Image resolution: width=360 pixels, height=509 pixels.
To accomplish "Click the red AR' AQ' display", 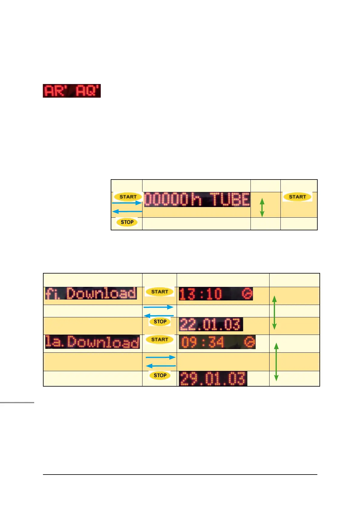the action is coord(72,91).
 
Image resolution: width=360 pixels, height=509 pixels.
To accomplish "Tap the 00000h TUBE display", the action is coord(197,199).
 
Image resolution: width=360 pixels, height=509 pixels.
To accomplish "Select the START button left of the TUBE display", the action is coord(128,197).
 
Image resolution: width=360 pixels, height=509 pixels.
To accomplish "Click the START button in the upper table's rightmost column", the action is coord(297,197).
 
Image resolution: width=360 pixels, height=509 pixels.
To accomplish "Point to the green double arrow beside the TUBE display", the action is coord(262,207).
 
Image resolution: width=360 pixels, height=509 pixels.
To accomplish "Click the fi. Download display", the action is coord(91,293).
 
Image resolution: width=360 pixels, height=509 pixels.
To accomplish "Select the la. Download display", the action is coord(92,342).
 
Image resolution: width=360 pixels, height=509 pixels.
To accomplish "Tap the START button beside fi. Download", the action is coord(159,292).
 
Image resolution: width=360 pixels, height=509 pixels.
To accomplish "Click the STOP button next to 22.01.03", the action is coord(160,322).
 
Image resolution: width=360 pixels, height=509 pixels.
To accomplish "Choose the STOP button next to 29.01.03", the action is coord(160,375).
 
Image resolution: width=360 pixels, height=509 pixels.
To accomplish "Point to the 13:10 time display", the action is coord(201,294).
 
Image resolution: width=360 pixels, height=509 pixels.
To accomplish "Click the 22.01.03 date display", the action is coord(211,324).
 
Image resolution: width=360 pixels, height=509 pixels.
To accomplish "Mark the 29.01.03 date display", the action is coord(213,379).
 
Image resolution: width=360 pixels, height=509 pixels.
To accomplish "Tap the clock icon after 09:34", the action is coord(250,342).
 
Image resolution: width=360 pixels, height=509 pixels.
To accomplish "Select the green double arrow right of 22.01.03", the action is coord(274,313).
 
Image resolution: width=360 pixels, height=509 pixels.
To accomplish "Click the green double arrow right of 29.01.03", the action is coord(276,362).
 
